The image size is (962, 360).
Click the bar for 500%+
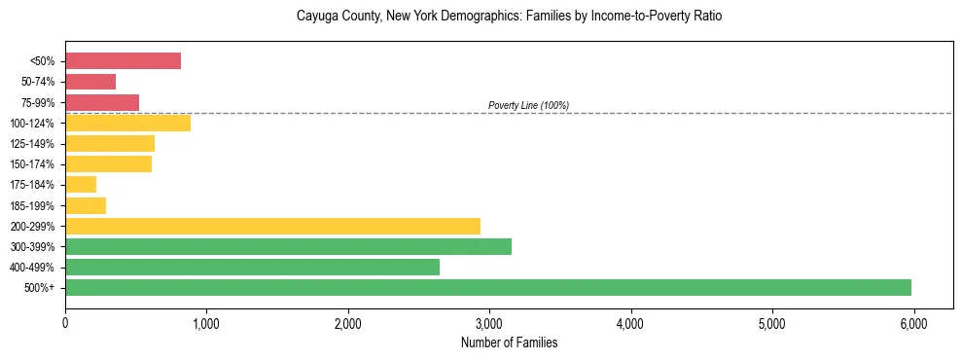coord(488,287)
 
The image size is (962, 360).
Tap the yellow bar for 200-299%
coord(272,226)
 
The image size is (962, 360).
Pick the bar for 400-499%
coord(252,267)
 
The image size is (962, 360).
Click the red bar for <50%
coord(123,61)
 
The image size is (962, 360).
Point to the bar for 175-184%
coord(81,185)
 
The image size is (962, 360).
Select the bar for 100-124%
coord(127,123)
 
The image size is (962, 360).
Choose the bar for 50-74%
coord(90,82)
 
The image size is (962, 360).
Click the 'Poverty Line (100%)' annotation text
coord(528,105)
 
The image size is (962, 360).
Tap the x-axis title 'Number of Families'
coord(509,342)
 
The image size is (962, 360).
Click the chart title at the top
coord(509,17)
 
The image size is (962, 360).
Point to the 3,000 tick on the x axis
coord(489,322)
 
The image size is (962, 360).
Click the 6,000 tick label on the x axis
coord(913,322)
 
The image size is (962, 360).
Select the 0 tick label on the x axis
coord(65,322)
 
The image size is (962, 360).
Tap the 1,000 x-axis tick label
coord(206,322)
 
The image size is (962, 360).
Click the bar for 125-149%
coord(110,144)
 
